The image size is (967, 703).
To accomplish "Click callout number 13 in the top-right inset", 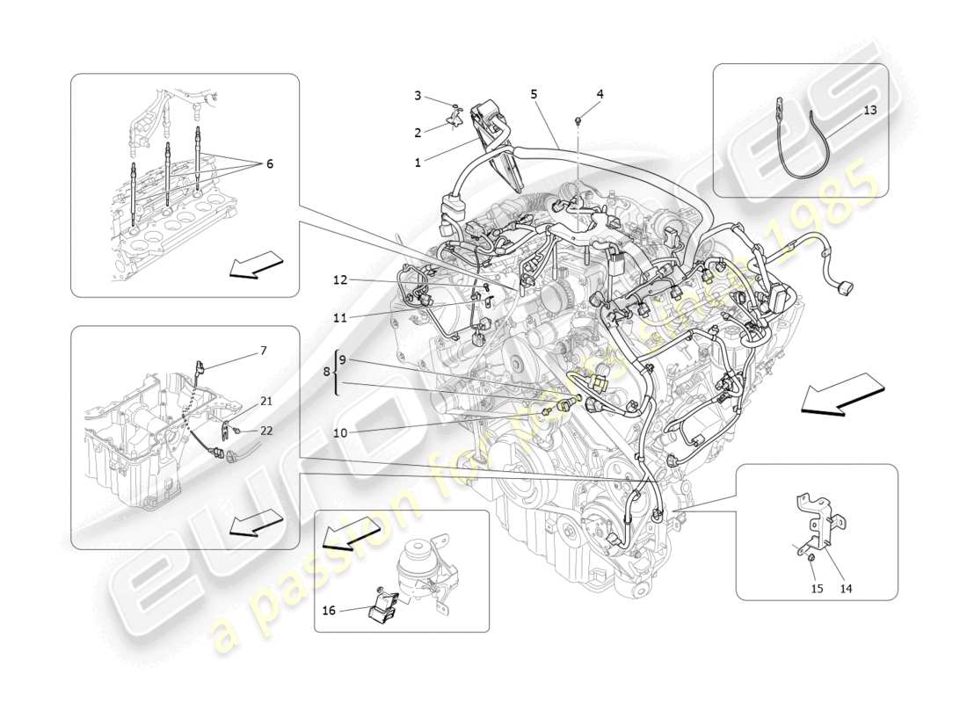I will coord(869,110).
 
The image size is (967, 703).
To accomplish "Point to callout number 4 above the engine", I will coord(600,93).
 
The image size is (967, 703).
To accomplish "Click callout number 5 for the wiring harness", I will coord(534,93).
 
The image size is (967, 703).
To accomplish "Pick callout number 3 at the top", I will coord(418,95).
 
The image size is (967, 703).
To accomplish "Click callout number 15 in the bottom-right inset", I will coord(817,588).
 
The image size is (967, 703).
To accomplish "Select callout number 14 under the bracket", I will coord(847,588).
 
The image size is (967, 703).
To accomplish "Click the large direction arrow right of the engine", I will coord(841,393).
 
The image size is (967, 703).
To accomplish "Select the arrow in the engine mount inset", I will coord(352,533).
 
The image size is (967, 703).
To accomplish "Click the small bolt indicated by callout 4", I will coord(578,118).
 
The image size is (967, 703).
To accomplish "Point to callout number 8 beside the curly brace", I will coord(327,372).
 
